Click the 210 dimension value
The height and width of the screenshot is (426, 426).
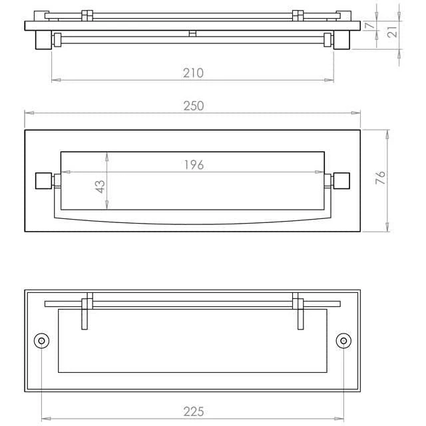point(193,73)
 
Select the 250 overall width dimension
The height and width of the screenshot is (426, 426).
point(194,106)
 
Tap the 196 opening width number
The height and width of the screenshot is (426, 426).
point(194,165)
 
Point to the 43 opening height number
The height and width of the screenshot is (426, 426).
point(101,186)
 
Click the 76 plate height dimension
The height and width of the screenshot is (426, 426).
point(380,178)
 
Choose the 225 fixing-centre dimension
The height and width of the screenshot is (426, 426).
point(194,411)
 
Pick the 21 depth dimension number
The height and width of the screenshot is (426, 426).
point(393,32)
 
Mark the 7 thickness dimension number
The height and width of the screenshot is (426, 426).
point(369,25)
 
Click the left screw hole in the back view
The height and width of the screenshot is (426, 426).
point(41,341)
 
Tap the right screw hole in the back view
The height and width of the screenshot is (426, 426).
point(343,341)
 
